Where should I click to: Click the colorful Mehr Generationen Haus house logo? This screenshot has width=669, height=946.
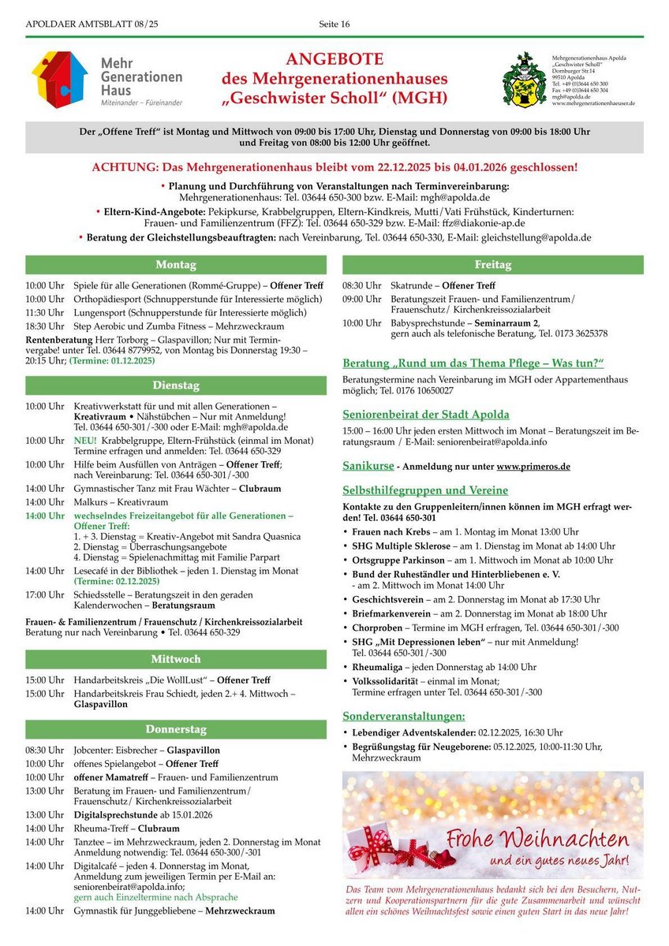(x=59, y=79)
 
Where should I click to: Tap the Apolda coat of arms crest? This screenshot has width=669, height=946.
(x=524, y=80)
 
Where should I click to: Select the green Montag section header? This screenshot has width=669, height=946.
(x=175, y=265)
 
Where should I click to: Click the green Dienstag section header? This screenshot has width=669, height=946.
(x=175, y=385)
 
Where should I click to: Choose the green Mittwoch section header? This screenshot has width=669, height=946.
(x=175, y=659)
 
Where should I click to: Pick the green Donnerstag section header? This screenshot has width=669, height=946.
(x=175, y=729)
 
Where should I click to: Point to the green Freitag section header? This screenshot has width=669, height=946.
(x=492, y=265)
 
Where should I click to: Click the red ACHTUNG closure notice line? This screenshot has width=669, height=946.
(x=334, y=167)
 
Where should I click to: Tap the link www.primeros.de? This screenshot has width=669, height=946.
(x=533, y=467)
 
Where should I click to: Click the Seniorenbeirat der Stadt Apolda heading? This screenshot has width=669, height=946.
(x=426, y=414)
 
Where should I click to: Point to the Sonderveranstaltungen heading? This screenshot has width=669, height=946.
(x=403, y=716)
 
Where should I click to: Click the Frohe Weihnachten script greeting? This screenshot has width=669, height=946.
(x=537, y=838)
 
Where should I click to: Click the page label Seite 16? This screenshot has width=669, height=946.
(x=334, y=24)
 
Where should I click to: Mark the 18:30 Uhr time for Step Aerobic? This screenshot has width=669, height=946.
(x=45, y=325)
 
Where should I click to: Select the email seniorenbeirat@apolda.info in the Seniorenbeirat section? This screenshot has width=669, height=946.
(x=502, y=444)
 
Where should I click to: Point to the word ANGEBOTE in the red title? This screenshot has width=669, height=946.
(x=334, y=60)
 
